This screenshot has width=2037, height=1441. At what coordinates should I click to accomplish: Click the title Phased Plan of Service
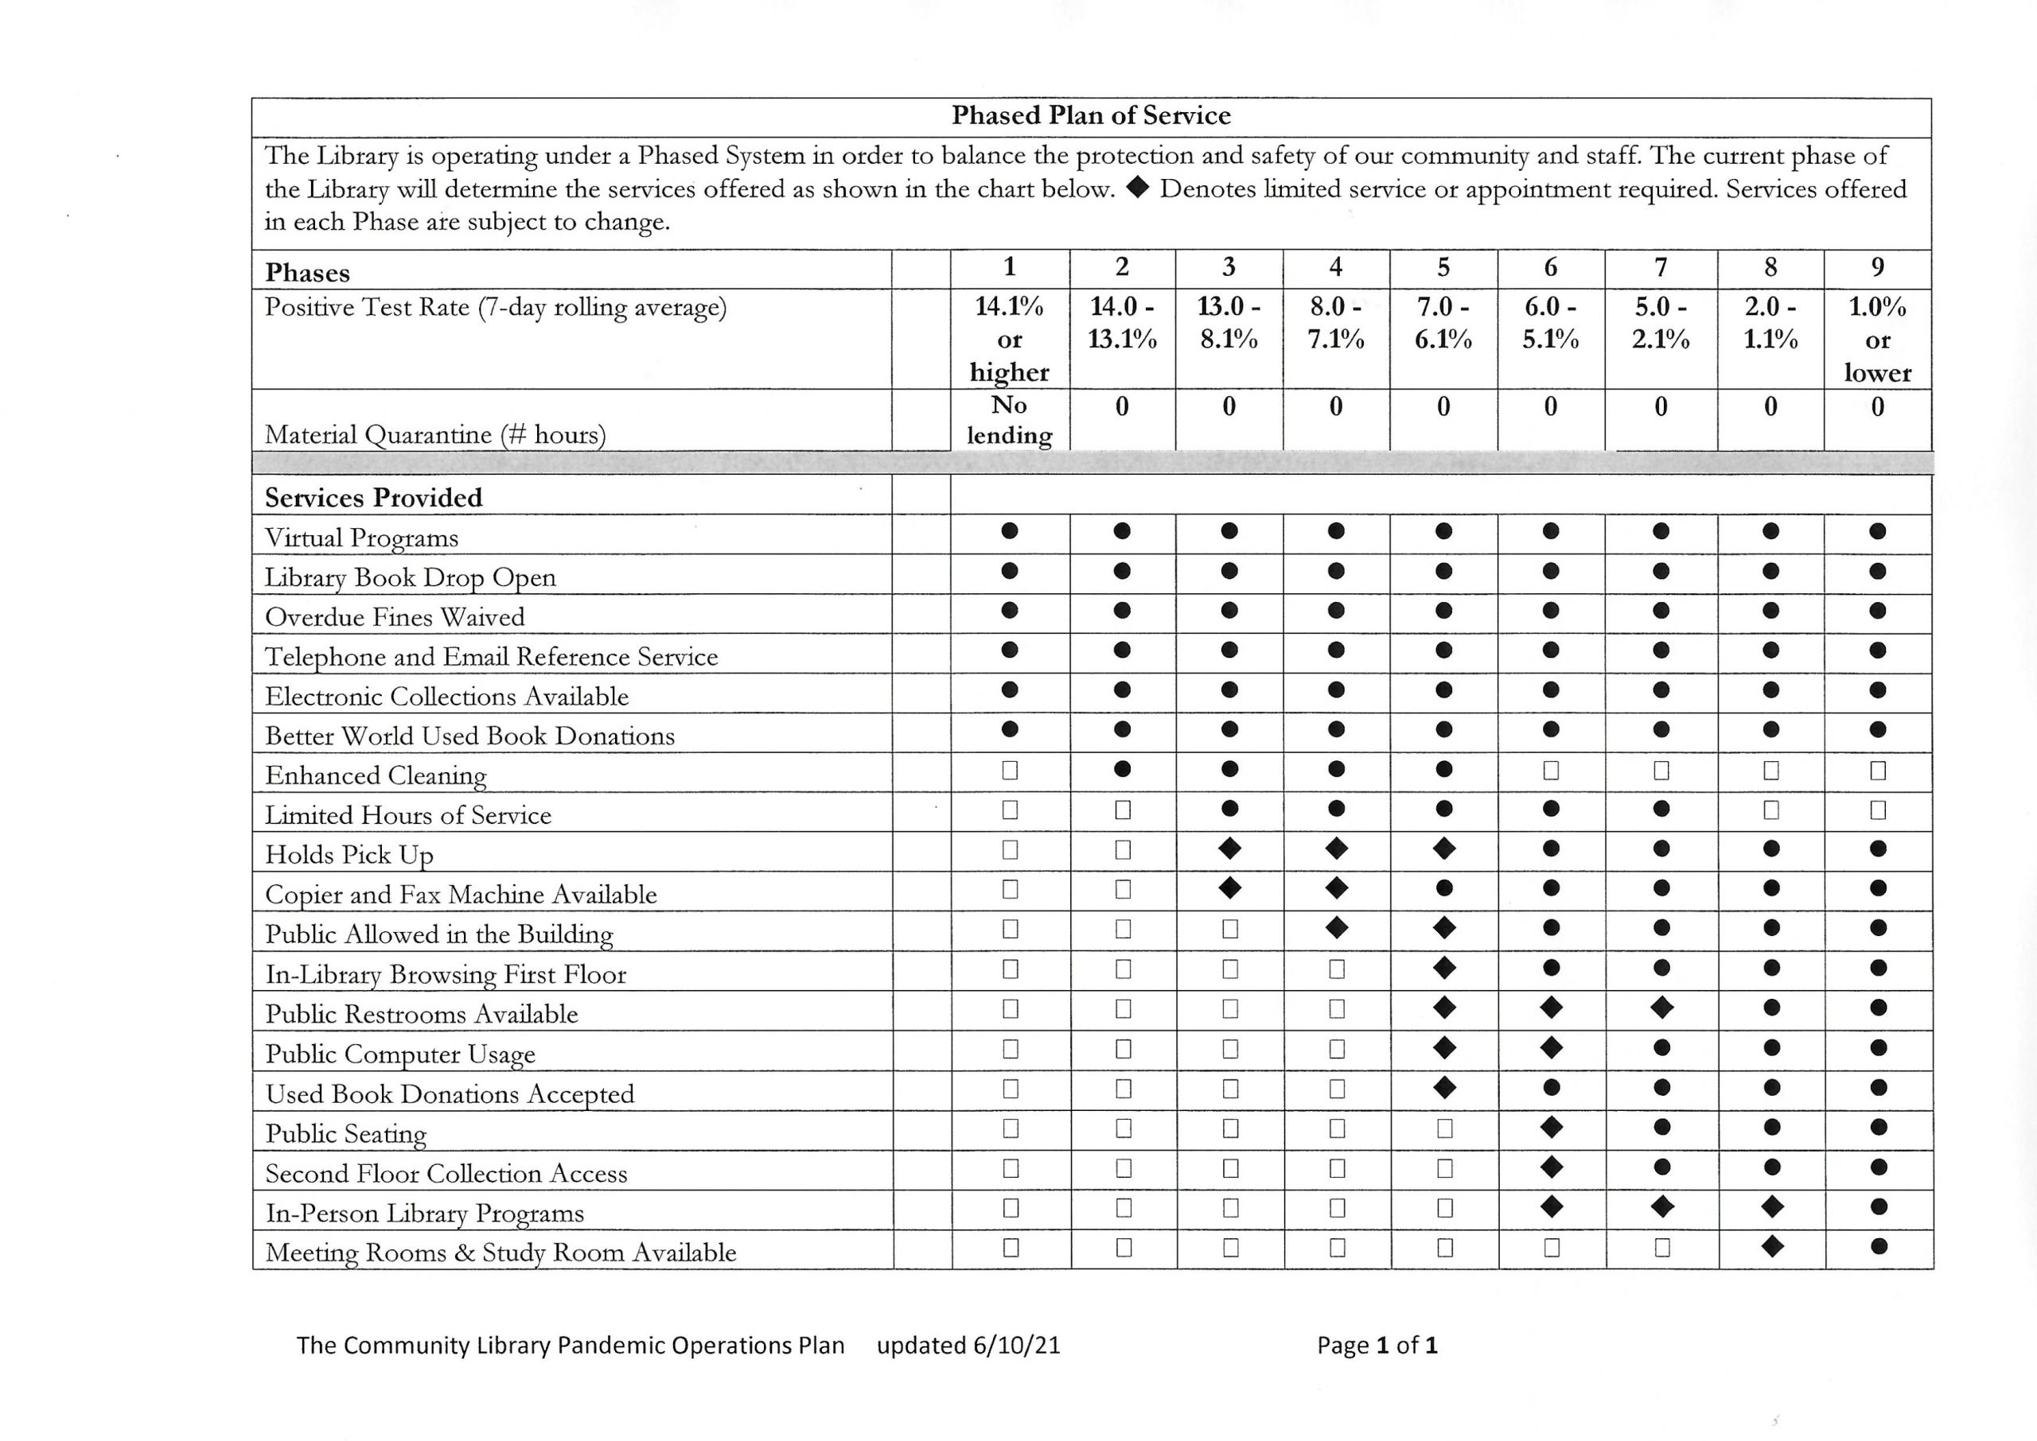(1091, 115)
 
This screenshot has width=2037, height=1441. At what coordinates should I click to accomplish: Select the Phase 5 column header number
(1443, 267)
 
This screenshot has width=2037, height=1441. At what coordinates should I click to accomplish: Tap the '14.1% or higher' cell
(1009, 339)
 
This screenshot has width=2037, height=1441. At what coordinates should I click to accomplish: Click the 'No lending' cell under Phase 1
(1009, 420)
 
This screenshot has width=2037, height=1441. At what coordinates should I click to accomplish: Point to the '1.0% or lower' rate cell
(1877, 339)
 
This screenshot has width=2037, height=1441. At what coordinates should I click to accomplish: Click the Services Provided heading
(374, 497)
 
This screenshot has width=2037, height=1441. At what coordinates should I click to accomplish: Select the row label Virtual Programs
(361, 538)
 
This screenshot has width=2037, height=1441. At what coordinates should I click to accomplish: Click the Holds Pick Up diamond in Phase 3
(1229, 849)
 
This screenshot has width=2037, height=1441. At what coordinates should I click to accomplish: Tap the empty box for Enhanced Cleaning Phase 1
(1009, 770)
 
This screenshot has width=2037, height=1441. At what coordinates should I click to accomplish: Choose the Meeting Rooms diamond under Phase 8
(1771, 1246)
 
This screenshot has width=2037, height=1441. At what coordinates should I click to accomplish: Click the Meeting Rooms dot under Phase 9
(1878, 1246)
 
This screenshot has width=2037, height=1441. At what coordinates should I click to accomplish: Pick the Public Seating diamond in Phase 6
(1552, 1127)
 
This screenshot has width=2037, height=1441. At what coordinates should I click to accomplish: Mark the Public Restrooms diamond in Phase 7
(1661, 1007)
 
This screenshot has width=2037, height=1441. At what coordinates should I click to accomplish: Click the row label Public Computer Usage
(400, 1055)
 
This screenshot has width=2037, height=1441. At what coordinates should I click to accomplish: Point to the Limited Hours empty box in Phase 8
(1770, 810)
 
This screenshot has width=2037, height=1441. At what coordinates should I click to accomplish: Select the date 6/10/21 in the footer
(1016, 1345)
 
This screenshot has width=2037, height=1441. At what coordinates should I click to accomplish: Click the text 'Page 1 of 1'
(1377, 1345)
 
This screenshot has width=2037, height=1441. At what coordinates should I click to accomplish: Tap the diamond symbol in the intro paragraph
(1138, 188)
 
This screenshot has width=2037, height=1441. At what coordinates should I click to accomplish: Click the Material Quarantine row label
(435, 435)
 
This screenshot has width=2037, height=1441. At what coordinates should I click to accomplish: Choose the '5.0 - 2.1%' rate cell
(1661, 323)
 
